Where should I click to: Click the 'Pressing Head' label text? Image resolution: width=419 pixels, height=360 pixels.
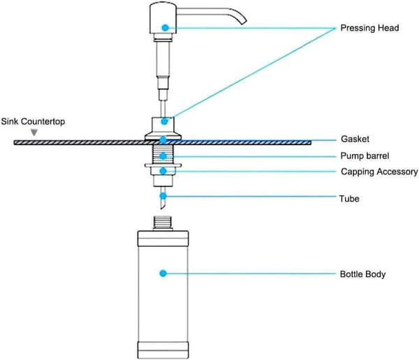click(x=369, y=28)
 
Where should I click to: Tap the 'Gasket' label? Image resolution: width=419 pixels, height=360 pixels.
click(x=355, y=139)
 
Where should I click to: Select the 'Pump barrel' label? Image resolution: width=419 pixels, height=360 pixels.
click(x=365, y=156)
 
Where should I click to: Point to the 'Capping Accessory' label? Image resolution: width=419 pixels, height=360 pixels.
click(x=379, y=172)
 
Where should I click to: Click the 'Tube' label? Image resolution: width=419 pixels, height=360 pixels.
click(x=349, y=199)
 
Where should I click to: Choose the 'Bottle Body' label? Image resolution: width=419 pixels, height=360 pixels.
click(x=362, y=274)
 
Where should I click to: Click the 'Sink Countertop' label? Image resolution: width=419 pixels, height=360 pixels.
click(x=33, y=121)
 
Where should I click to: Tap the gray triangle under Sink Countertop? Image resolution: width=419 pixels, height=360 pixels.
click(x=34, y=132)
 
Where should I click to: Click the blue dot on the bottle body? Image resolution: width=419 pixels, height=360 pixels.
click(x=163, y=273)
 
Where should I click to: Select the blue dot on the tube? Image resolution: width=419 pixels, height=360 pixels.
click(x=163, y=196)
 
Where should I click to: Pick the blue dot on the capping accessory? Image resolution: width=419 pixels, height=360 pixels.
click(x=163, y=171)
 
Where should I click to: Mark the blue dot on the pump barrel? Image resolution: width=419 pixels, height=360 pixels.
click(x=163, y=156)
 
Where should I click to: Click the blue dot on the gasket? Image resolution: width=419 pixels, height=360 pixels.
click(x=163, y=140)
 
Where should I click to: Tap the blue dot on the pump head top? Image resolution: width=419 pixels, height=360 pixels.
click(x=165, y=27)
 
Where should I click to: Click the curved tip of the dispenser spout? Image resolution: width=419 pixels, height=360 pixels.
click(x=244, y=22)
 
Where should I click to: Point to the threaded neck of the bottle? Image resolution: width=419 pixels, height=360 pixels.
click(x=163, y=223)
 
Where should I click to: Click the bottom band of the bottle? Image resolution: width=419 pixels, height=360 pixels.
click(x=163, y=350)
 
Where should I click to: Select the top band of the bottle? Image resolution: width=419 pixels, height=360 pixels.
click(x=163, y=239)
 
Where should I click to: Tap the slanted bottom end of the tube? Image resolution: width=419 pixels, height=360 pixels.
click(x=163, y=205)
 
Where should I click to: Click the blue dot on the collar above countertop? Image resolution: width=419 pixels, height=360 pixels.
click(x=164, y=121)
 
